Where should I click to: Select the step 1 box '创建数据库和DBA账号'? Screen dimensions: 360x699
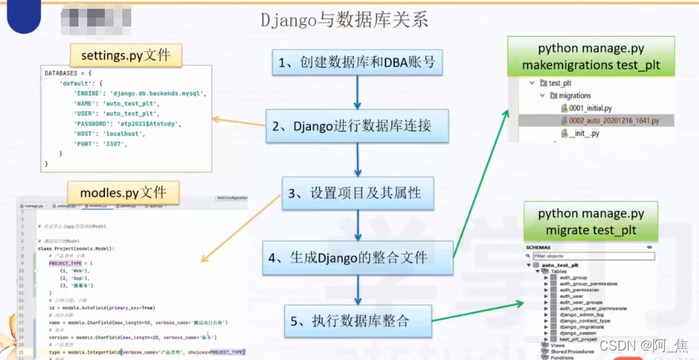click(358, 62)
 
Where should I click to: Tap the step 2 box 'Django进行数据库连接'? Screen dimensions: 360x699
click(358, 126)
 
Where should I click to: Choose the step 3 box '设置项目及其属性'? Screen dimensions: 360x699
click(358, 194)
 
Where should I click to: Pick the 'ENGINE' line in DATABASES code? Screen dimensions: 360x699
click(139, 94)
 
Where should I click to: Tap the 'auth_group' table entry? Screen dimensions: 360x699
click(573, 278)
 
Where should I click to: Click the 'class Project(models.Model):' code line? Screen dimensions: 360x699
click(76, 249)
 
